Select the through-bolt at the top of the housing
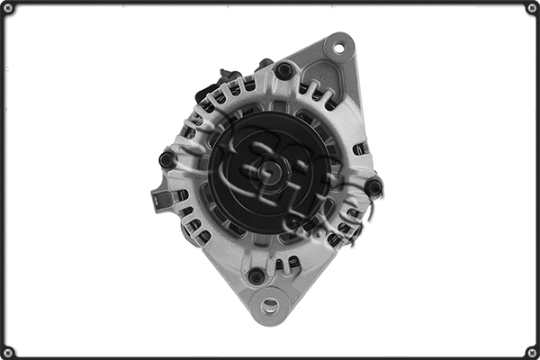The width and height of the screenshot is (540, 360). tap(284, 70)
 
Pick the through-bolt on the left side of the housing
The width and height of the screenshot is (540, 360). tap(166, 160)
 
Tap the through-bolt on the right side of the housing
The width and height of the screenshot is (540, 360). tap(373, 186)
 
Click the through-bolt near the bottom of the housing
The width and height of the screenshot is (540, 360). tap(257, 275)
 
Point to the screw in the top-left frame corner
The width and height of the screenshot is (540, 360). tap(9, 9)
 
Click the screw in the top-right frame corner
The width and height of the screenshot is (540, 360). tap(531, 9)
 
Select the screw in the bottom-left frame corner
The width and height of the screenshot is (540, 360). tap(9, 351)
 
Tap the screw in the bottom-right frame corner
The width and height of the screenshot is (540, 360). tap(531, 351)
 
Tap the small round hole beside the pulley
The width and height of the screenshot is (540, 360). tap(292, 224)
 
